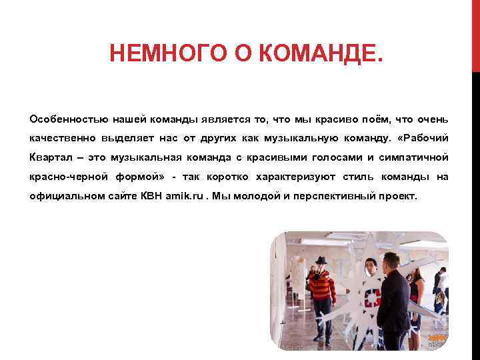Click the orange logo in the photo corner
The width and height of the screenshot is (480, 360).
[437, 339]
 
